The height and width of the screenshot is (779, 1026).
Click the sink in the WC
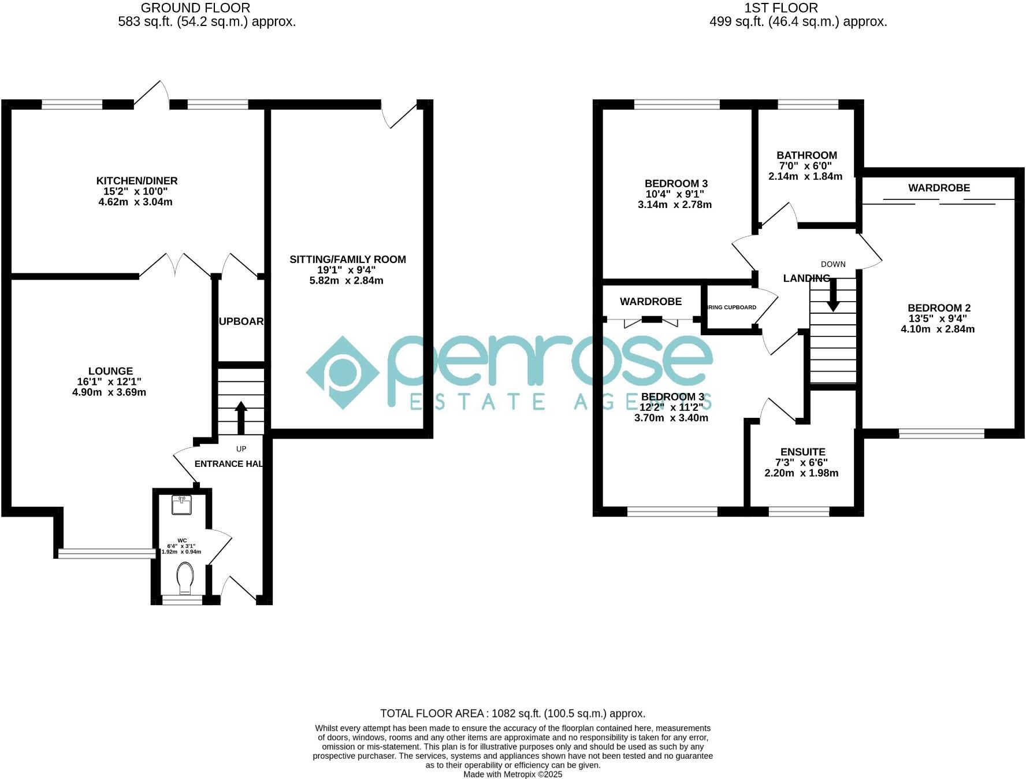pos(182,505)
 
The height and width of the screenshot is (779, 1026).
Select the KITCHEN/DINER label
pos(137,181)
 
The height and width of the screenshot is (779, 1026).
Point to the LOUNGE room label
pos(110,371)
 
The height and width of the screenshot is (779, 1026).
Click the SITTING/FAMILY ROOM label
pos(348,259)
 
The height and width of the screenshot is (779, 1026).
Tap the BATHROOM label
pos(806,155)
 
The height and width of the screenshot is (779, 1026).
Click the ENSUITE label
pos(802,452)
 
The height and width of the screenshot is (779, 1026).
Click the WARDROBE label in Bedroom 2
pos(939,188)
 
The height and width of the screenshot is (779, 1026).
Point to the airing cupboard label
pos(732,307)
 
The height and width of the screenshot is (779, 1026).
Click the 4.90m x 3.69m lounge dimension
pos(109,392)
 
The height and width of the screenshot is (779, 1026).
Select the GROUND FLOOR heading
pos(195,8)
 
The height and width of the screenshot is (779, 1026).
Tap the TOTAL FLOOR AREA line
pos(512,714)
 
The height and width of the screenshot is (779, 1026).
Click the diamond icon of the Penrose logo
pos(343,373)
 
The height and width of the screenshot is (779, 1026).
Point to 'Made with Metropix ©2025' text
pos(512,774)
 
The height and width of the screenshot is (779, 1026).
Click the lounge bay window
pos(107,554)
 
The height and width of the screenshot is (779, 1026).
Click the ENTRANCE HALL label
pos(229,463)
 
